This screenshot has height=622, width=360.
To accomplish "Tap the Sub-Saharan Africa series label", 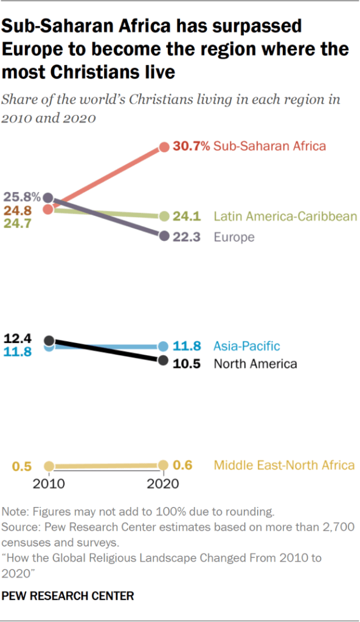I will (269, 146).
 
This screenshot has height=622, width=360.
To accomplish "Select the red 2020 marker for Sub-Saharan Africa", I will (164, 147).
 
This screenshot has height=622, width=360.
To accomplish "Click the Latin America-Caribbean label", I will (285, 216).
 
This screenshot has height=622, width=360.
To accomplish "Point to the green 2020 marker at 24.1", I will (164, 216).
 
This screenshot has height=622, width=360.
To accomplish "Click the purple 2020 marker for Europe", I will (164, 236).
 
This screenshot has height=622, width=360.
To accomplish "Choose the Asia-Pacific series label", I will (246, 346).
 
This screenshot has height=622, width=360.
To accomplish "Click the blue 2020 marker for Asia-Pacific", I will (164, 346).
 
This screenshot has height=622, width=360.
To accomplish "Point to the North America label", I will (255, 364).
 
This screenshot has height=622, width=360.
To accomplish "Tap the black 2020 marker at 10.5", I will (163, 361).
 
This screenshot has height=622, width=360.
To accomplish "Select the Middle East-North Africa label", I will (284, 465).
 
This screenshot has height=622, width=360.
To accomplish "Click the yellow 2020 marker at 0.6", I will (164, 465).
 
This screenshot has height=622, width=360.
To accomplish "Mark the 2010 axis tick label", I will (50, 483).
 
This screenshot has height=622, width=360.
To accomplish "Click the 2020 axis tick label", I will (163, 483).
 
